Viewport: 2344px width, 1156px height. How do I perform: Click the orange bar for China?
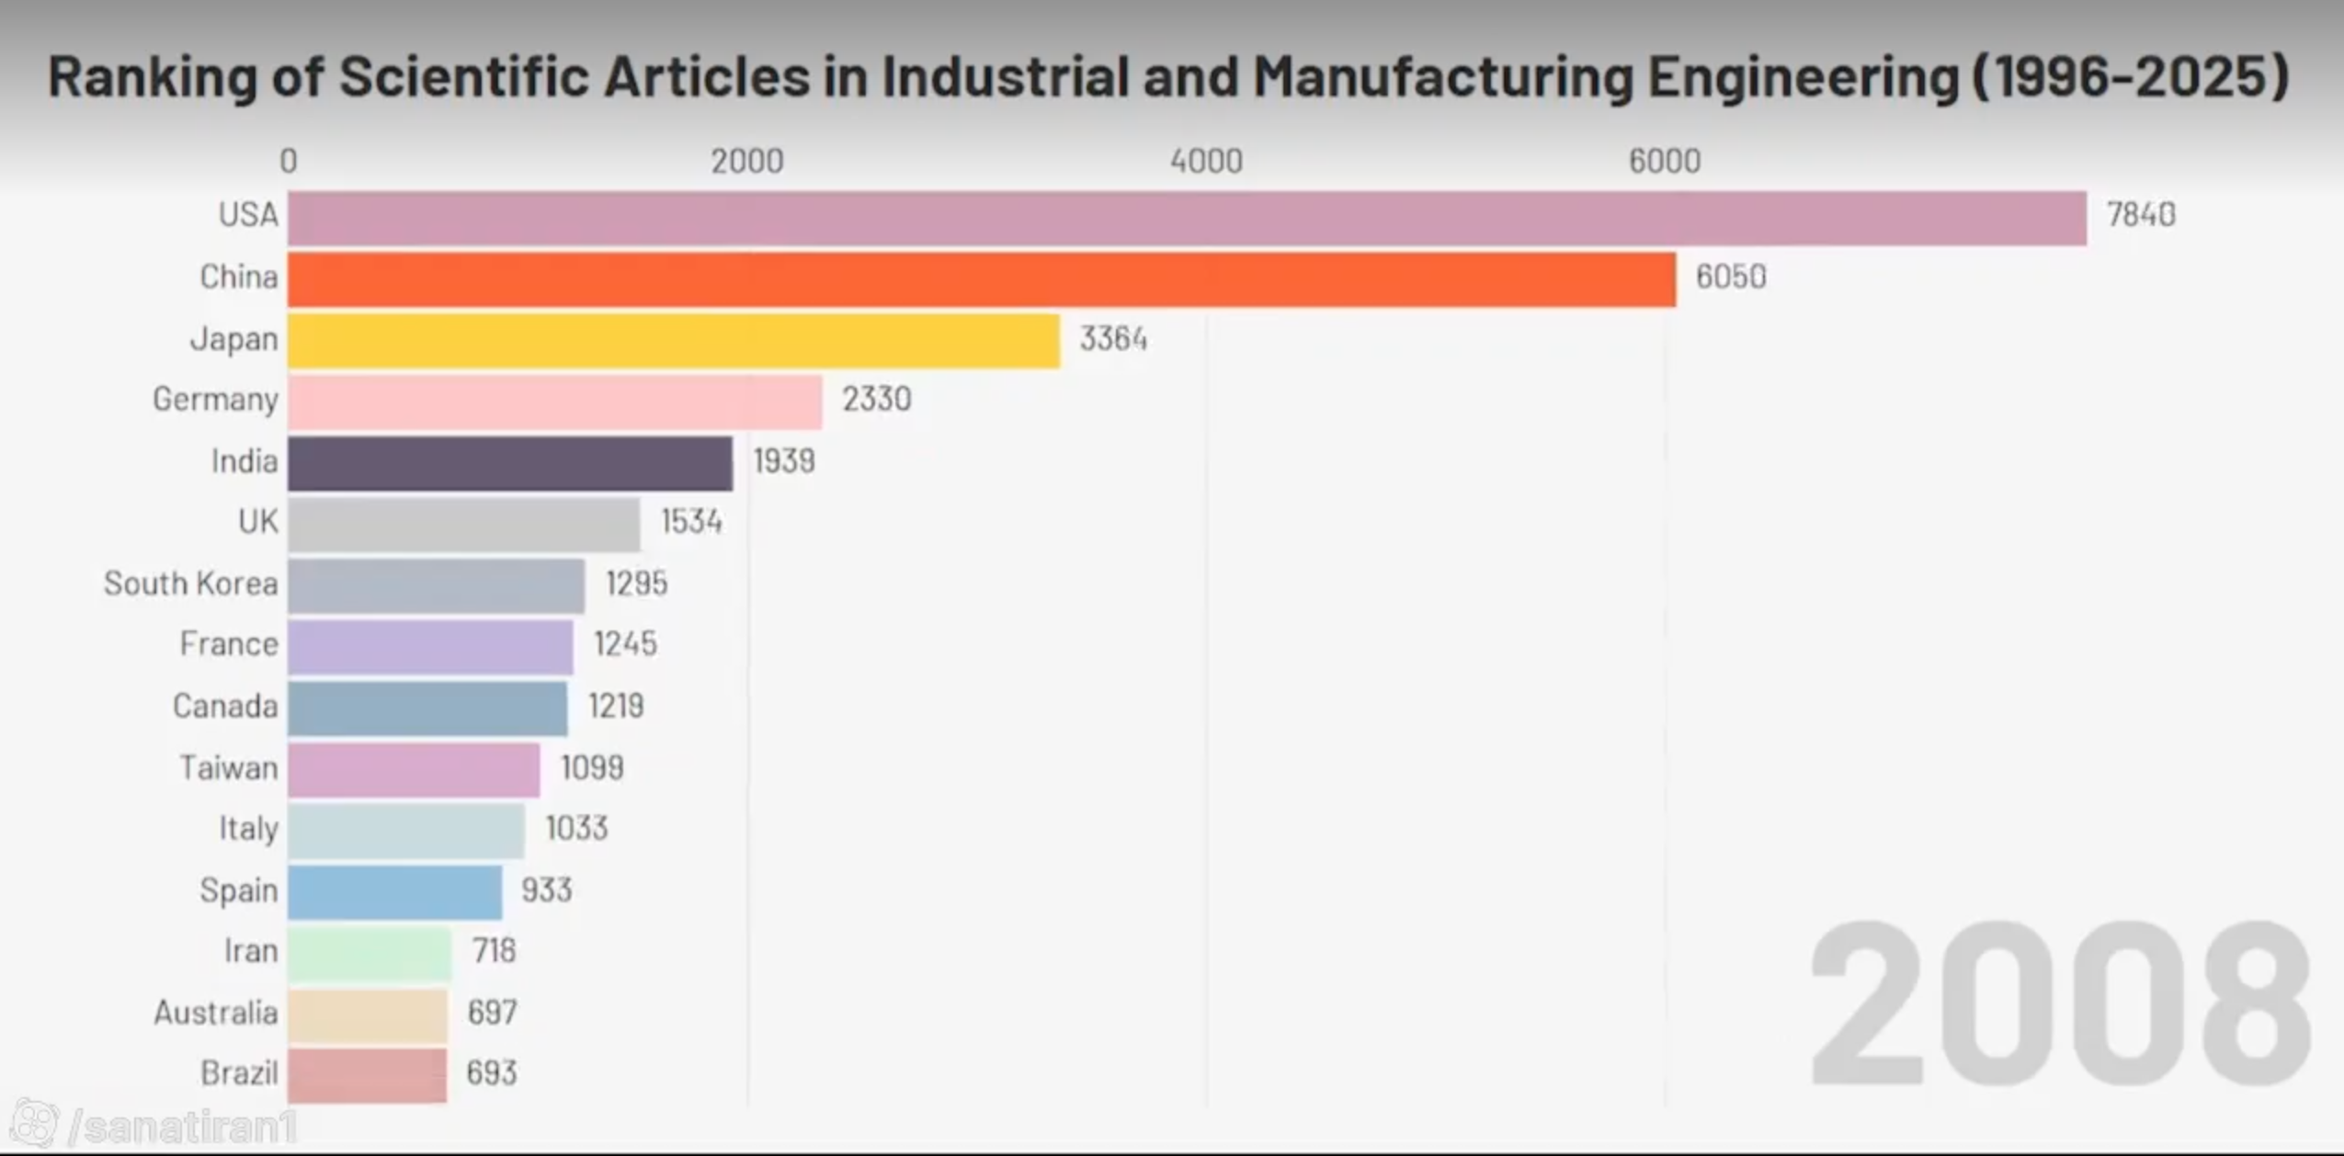pos(982,279)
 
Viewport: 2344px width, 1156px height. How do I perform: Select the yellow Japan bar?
pos(674,341)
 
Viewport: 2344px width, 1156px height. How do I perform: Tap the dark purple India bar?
pos(510,463)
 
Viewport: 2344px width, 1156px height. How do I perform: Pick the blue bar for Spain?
pos(395,892)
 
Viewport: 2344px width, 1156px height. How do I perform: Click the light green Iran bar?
pos(370,953)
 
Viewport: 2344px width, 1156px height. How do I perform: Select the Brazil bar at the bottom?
pos(368,1075)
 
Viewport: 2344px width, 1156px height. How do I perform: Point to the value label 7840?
pos(2141,215)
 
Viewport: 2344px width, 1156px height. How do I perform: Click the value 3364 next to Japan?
pos(1113,339)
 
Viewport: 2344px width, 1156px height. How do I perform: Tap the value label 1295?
pos(636,584)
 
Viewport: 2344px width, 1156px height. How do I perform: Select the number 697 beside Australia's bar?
pos(492,1013)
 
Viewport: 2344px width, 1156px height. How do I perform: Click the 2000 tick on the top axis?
pos(746,162)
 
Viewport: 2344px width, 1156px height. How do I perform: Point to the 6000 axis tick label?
pos(1665,162)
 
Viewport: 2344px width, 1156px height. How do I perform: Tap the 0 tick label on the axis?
pos(289,162)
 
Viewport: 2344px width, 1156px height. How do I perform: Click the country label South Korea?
pos(190,584)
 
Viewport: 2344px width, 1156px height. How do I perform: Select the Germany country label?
pos(215,401)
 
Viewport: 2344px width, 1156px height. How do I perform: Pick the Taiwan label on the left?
pos(228,767)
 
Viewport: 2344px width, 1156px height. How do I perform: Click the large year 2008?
pos(2059,1003)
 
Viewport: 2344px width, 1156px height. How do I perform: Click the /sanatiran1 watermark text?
pos(184,1128)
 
